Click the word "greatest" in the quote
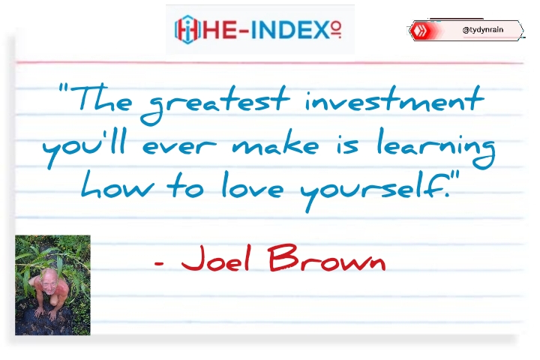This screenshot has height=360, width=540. (215, 104)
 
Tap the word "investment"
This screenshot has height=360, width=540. (394, 100)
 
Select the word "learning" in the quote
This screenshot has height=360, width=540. (436, 148)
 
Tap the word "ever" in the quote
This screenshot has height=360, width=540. (179, 147)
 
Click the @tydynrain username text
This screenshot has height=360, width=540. (483, 30)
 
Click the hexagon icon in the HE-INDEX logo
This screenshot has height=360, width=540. (187, 30)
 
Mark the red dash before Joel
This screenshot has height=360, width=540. (159, 264)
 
